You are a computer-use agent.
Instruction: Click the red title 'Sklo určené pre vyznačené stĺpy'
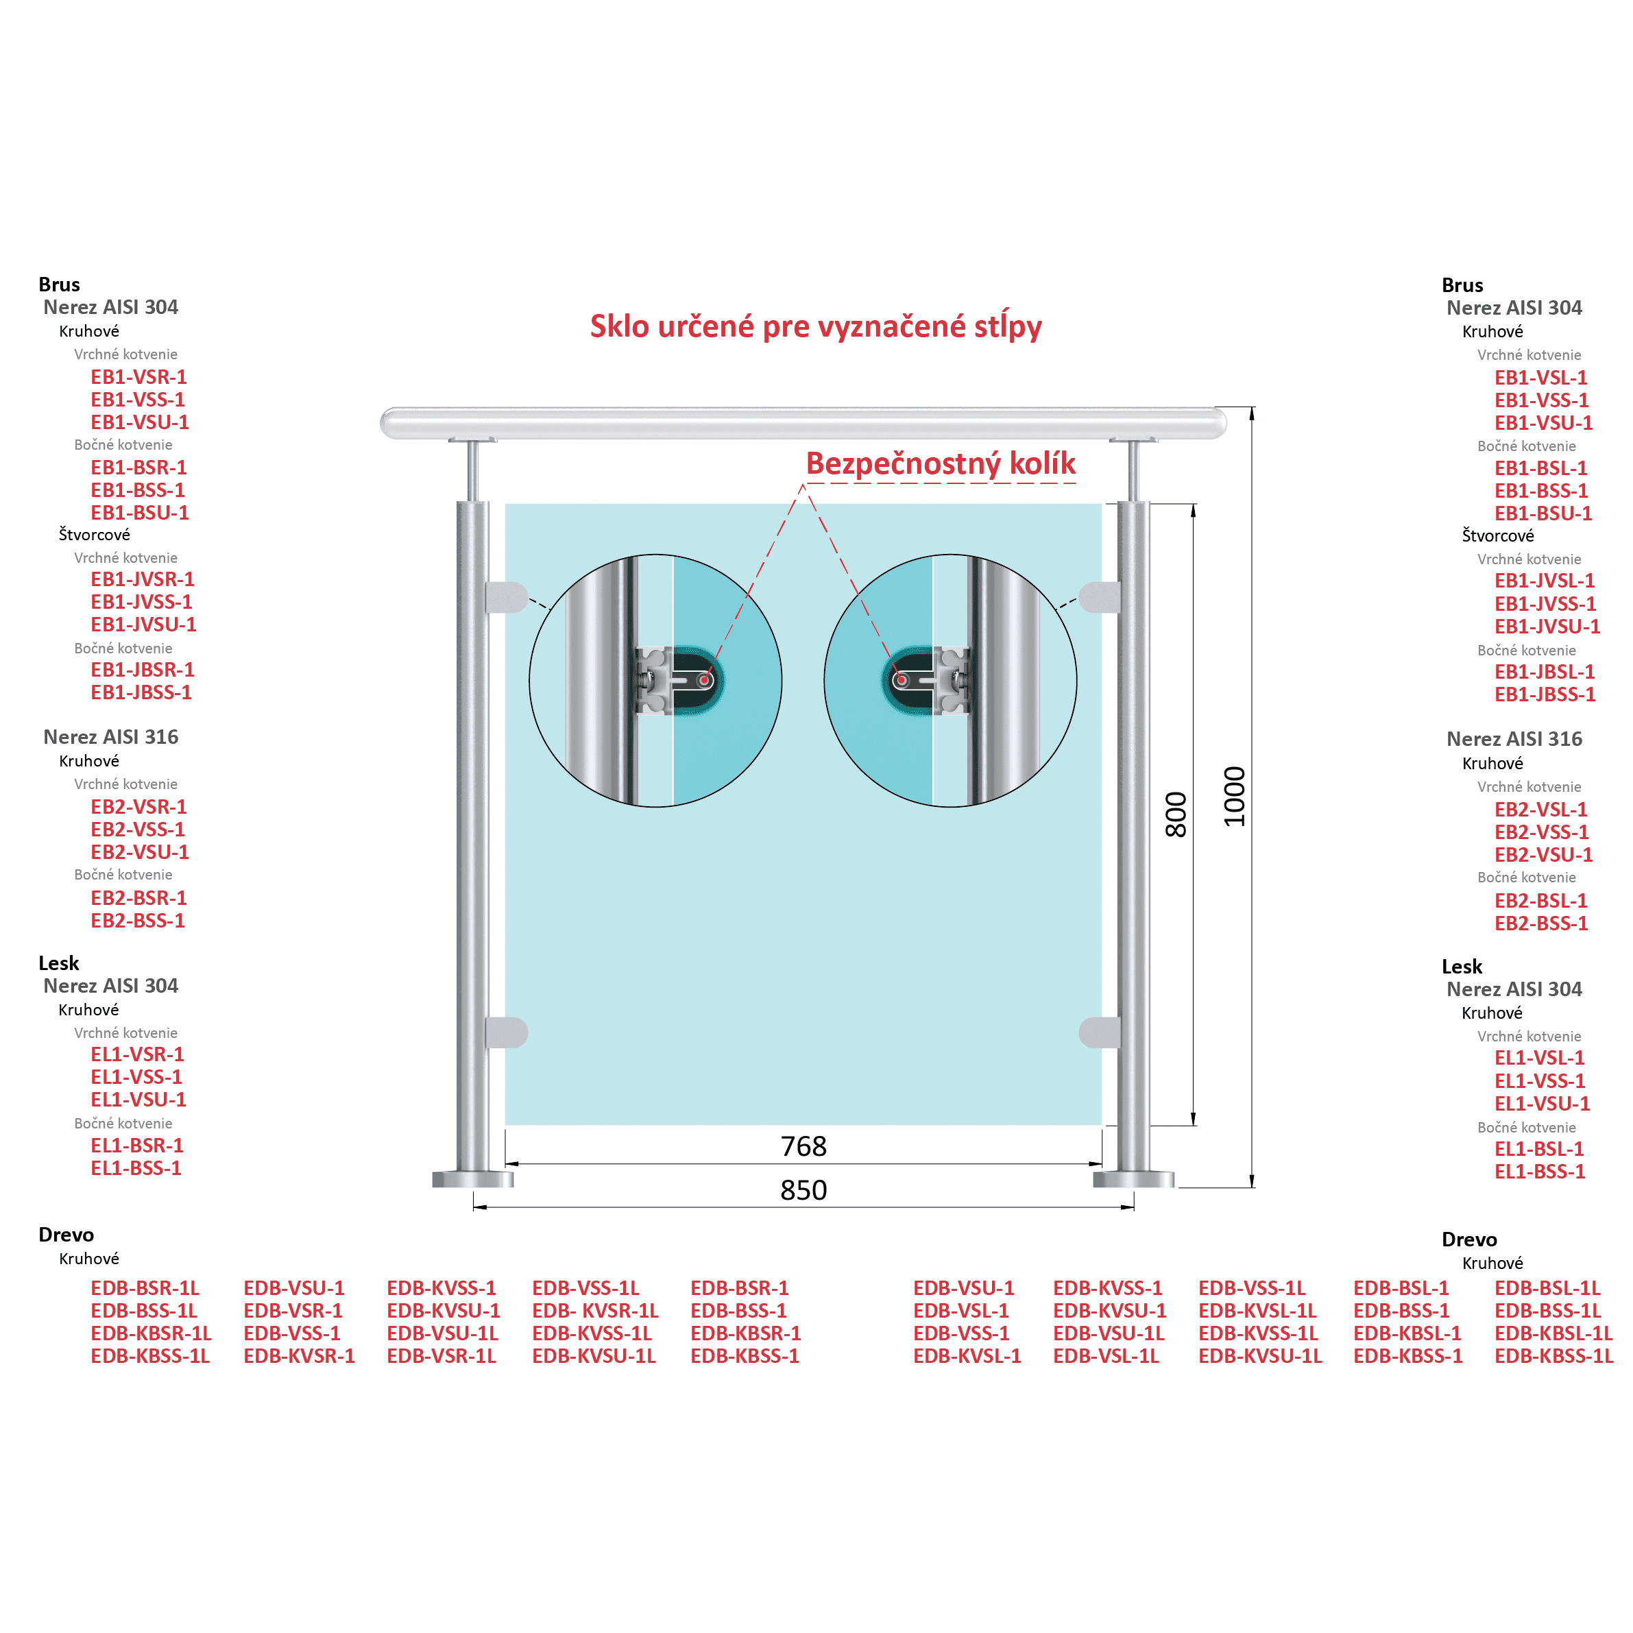click(816, 326)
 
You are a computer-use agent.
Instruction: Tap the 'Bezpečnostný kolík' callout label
click(940, 463)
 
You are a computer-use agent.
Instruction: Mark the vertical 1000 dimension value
click(1235, 796)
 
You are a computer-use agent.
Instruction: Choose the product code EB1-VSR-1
click(138, 377)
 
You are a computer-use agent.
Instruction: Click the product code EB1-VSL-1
click(1541, 378)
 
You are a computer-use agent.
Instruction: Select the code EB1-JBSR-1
click(143, 669)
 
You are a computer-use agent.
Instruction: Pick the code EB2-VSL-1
click(1541, 809)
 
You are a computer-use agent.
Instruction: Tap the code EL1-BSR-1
click(137, 1146)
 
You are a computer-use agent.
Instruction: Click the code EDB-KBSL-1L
click(1553, 1333)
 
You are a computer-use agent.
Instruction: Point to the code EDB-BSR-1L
click(145, 1288)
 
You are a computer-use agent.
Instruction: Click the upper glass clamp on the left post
click(505, 596)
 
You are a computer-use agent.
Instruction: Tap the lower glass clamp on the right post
click(1100, 1032)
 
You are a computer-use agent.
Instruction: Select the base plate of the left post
click(472, 1179)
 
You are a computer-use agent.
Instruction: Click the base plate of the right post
click(1133, 1179)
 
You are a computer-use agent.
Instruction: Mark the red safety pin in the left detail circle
click(703, 680)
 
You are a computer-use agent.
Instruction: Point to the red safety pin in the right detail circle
click(903, 680)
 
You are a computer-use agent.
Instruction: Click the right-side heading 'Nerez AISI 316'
click(1514, 739)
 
